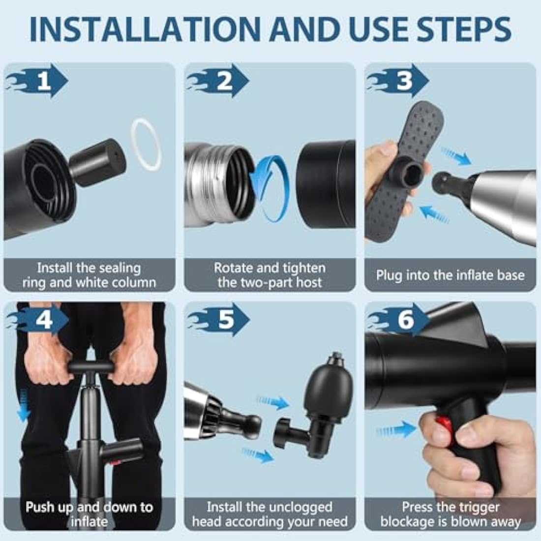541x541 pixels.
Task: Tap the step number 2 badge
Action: pyautogui.click(x=224, y=82)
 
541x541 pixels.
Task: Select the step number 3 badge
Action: pyautogui.click(x=404, y=82)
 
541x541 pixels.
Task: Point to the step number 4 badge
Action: pyautogui.click(x=44, y=321)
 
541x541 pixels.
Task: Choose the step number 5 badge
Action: pyautogui.click(x=225, y=321)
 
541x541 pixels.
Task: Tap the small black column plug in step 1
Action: pyautogui.click(x=98, y=162)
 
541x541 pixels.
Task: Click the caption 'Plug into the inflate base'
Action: pyautogui.click(x=450, y=275)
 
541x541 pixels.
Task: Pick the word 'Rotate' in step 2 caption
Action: pyautogui.click(x=234, y=268)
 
